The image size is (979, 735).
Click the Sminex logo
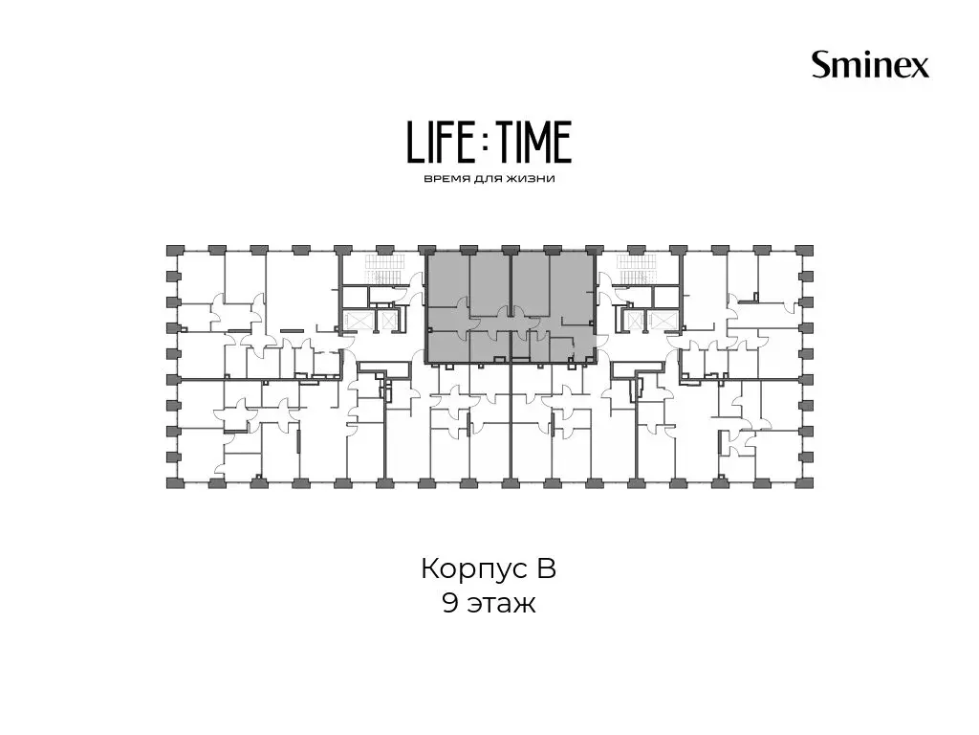[870, 65]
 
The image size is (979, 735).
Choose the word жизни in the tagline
[532, 179]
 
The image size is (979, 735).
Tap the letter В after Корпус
[544, 568]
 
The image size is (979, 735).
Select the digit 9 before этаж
[449, 604]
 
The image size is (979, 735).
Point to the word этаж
[501, 605]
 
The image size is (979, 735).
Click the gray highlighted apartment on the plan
[511, 307]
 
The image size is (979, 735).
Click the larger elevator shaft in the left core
[358, 321]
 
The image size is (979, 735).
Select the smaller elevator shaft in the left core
[388, 321]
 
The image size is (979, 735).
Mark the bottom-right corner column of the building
[806, 482]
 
